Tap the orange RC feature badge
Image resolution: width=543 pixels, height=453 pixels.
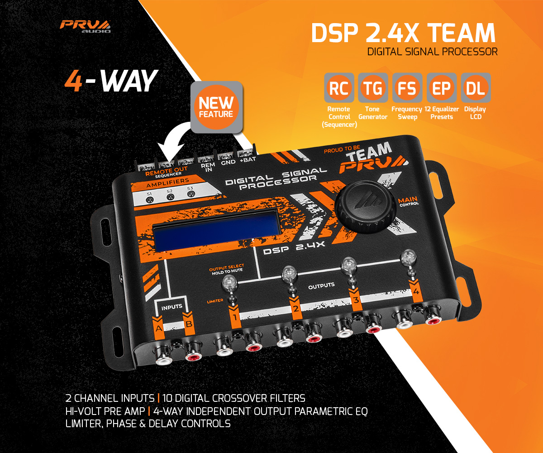coord(339,88)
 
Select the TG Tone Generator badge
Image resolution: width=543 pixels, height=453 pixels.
coord(373,88)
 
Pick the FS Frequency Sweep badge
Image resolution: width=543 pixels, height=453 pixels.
coord(407,88)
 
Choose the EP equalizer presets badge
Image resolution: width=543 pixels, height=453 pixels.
coord(441,88)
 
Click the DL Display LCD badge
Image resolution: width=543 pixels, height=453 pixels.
coord(475,88)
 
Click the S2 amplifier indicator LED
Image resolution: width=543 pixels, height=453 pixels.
coord(170,198)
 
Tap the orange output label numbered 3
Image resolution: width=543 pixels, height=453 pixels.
coord(356,299)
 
